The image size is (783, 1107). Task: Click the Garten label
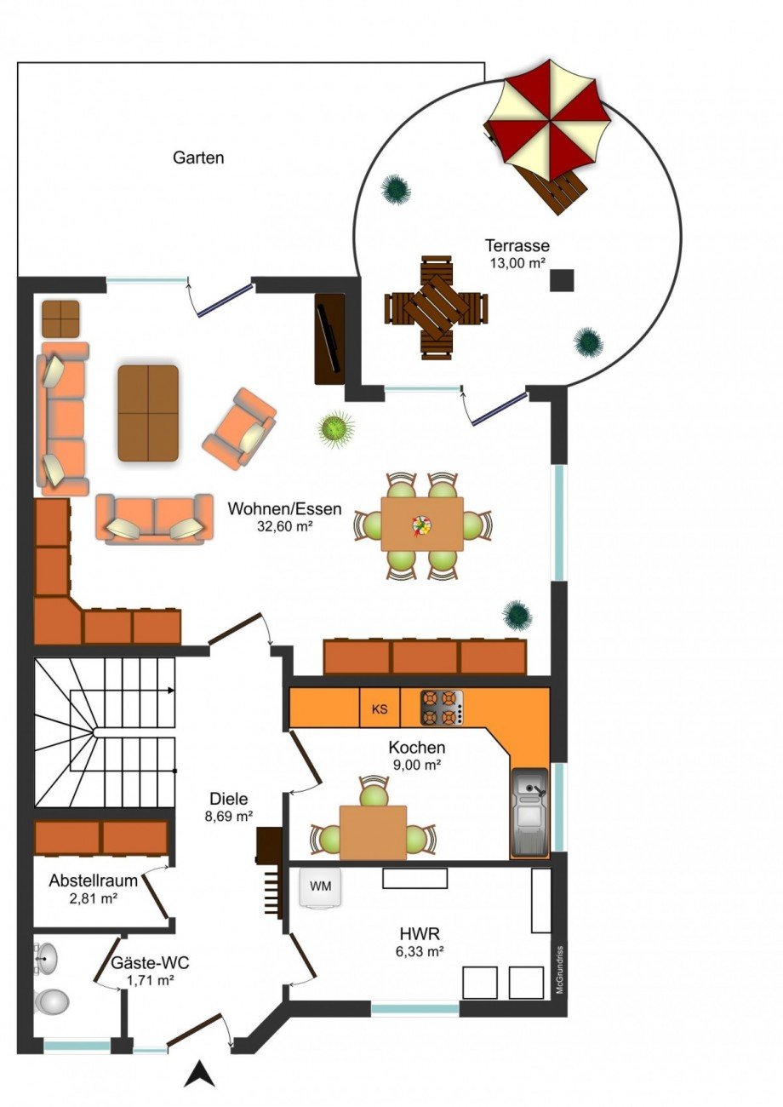[198, 158]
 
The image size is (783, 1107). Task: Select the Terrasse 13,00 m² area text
[517, 253]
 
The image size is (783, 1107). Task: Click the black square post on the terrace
[563, 279]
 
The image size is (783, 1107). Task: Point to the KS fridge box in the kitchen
[380, 708]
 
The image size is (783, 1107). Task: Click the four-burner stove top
[442, 708]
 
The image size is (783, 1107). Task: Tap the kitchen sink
[529, 813]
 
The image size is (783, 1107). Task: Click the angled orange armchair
[240, 429]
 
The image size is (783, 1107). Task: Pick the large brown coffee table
[148, 413]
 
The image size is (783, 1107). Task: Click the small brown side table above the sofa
[60, 318]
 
